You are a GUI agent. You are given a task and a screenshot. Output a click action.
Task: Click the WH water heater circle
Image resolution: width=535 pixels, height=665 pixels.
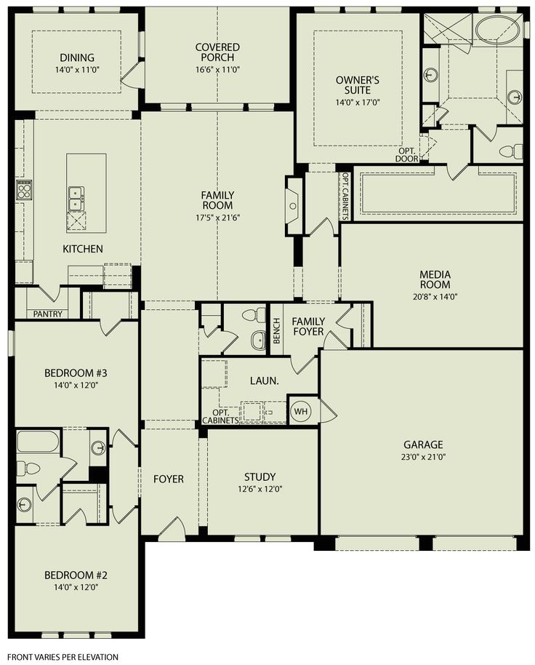pyautogui.click(x=299, y=412)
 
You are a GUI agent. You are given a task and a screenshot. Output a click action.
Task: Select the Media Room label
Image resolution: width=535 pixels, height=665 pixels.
pyautogui.click(x=435, y=279)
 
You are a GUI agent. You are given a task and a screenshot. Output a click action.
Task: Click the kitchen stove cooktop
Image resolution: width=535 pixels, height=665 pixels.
pyautogui.click(x=24, y=191)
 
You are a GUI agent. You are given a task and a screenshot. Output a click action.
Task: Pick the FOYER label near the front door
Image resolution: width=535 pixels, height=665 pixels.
pyautogui.click(x=168, y=479)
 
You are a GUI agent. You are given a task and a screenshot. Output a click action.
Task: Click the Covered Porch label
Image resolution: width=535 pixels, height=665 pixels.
pyautogui.click(x=217, y=52)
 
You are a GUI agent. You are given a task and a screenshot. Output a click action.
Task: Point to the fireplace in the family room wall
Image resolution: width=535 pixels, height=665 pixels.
pyautogui.click(x=294, y=206)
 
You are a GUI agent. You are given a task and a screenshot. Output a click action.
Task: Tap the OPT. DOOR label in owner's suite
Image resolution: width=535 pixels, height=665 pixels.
pyautogui.click(x=406, y=154)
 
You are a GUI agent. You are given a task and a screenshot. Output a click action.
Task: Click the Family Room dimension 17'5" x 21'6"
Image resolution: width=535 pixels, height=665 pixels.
pyautogui.click(x=218, y=217)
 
